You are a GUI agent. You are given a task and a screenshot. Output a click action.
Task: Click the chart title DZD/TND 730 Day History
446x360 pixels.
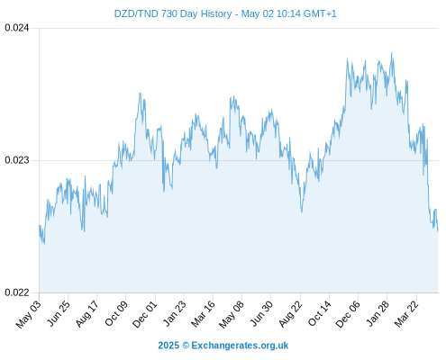tap(173, 13)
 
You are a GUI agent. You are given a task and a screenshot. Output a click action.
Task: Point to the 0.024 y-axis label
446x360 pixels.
tap(17, 28)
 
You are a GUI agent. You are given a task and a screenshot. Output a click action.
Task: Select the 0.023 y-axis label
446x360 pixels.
tap(17, 160)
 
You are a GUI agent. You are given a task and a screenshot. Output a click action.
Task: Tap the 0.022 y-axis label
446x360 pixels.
tap(17, 292)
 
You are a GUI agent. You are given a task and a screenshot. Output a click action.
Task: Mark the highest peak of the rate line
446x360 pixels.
tap(391, 53)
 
